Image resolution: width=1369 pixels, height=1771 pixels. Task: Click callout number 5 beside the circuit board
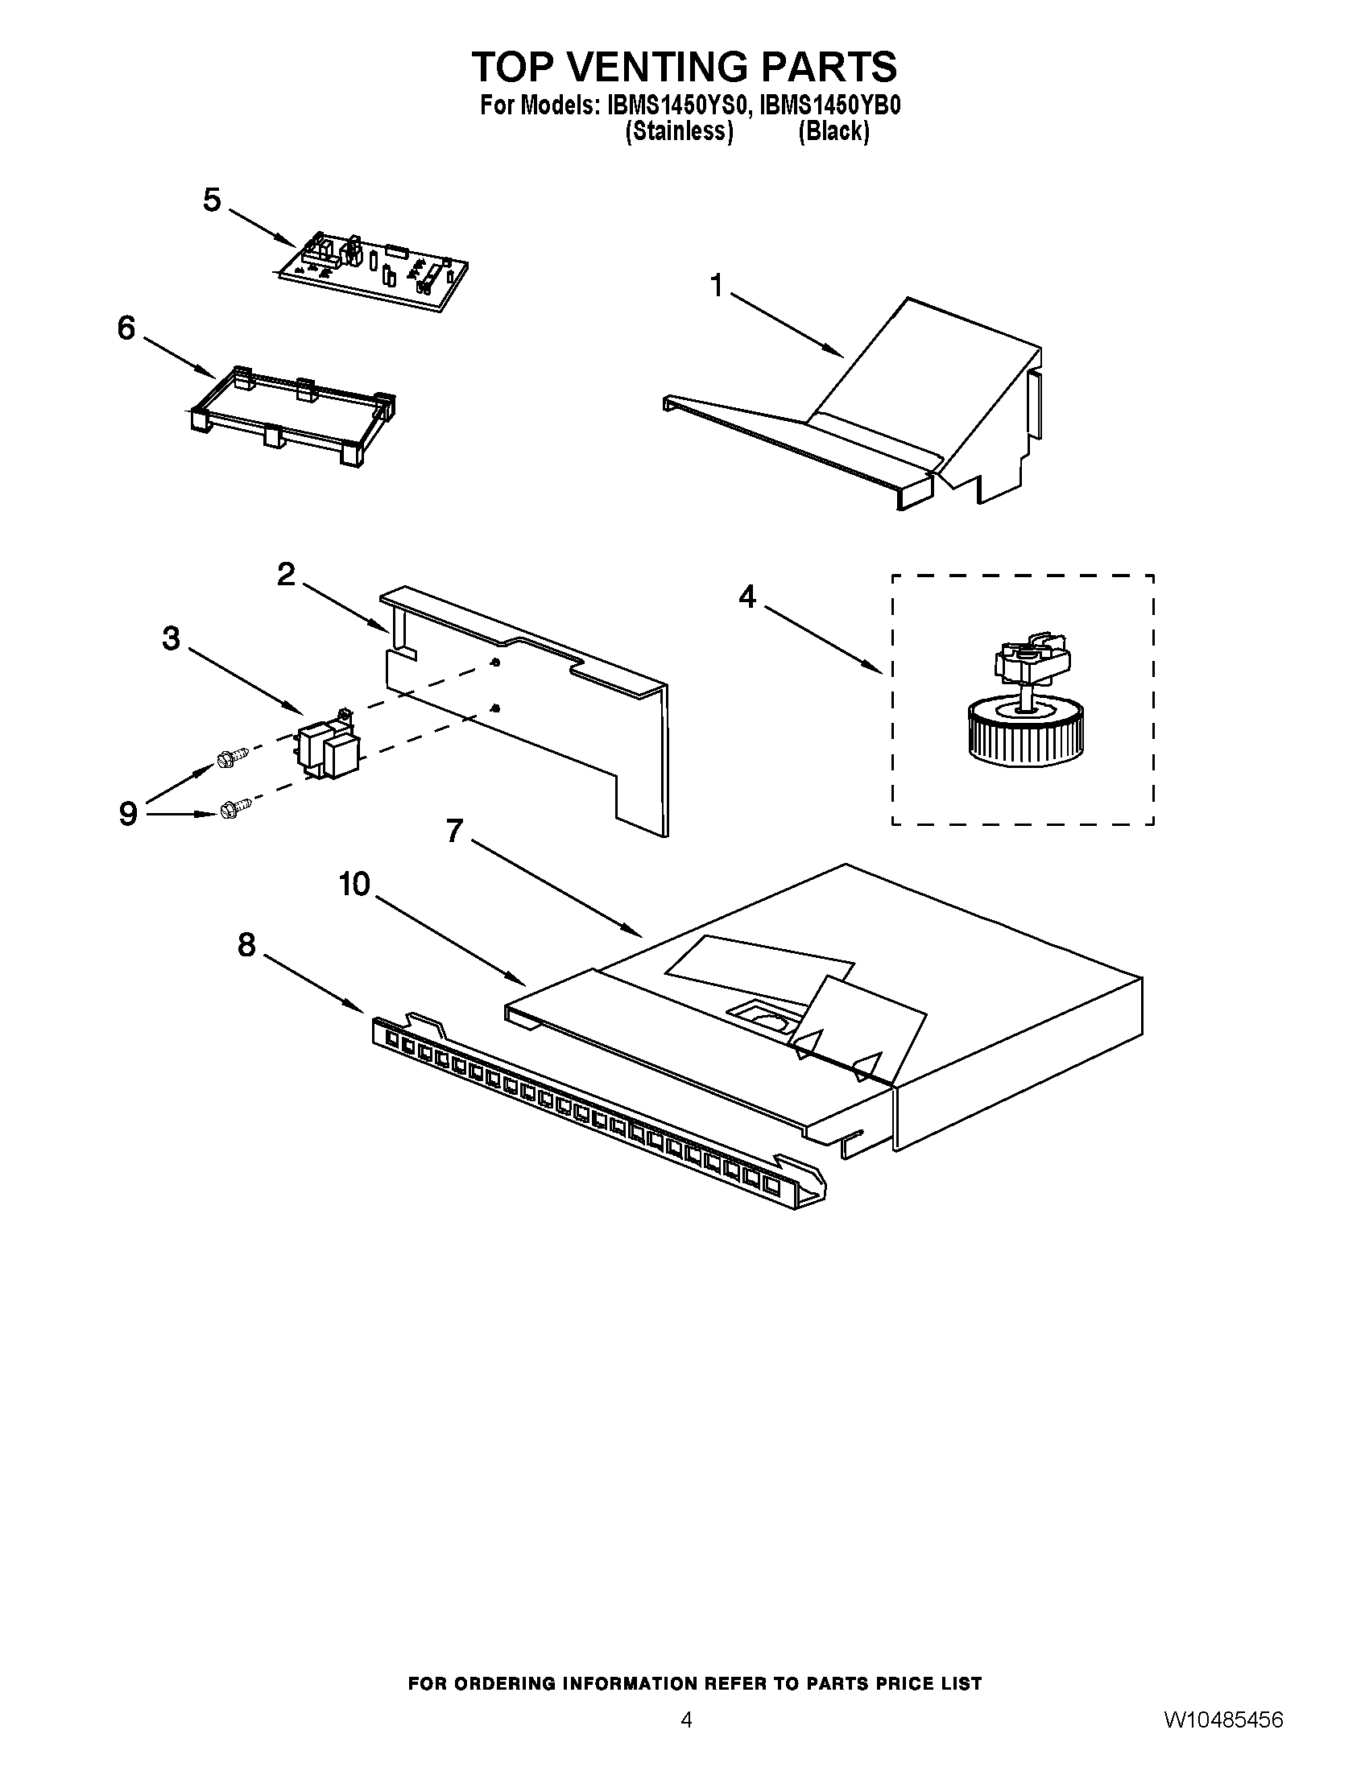tap(212, 200)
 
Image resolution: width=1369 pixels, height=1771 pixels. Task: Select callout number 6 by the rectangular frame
tap(126, 328)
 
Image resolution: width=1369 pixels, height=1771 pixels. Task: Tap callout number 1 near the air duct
tap(716, 287)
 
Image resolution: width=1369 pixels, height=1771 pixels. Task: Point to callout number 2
tap(287, 575)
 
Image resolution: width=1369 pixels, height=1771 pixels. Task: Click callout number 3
tap(170, 638)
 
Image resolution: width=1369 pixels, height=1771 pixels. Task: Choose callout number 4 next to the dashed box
tap(747, 597)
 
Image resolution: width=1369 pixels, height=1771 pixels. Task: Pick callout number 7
tap(454, 831)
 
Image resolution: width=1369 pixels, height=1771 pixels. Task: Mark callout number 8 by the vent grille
tap(246, 944)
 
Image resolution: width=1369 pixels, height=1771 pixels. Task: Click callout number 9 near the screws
tap(128, 813)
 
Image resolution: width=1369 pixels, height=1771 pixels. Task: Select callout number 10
tap(354, 885)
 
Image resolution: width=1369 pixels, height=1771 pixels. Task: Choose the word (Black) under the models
tap(833, 132)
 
